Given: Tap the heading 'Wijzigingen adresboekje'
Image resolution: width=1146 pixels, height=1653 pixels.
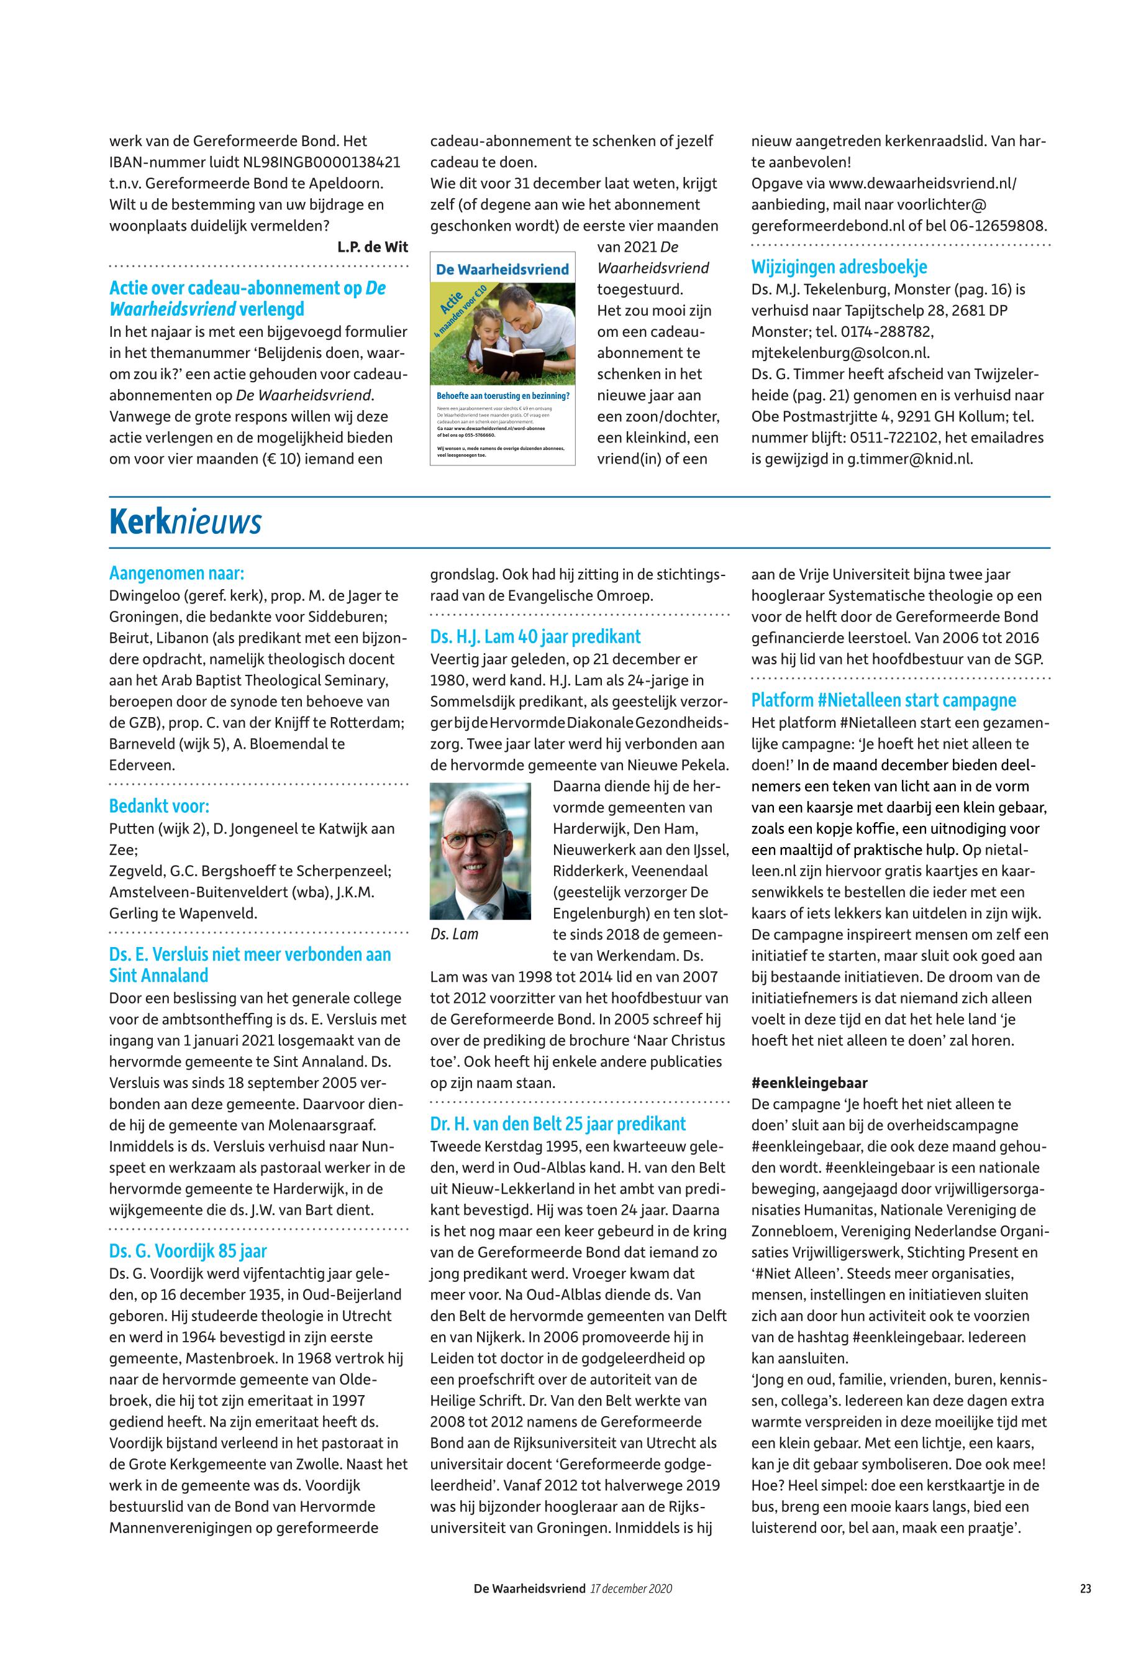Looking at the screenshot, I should tap(839, 267).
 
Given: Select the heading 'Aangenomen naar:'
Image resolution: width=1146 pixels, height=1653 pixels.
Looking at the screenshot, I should tap(176, 574).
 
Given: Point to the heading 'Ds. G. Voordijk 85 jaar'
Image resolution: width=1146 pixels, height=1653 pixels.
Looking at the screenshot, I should tap(188, 1252).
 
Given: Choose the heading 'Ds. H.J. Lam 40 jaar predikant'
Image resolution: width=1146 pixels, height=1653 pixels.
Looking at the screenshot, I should tap(535, 637).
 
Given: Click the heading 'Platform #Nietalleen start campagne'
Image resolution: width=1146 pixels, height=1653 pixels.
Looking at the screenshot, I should tap(884, 700).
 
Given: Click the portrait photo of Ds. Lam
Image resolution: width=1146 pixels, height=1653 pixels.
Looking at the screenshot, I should tap(480, 851).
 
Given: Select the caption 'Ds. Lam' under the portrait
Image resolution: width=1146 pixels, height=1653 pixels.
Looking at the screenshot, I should tap(455, 935).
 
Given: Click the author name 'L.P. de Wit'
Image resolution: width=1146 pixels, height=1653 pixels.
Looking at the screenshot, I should tap(372, 247).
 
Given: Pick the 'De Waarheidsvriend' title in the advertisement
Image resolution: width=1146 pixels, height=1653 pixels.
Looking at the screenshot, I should tap(503, 270).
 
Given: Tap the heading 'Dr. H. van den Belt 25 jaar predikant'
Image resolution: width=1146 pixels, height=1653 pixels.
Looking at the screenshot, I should tap(558, 1124).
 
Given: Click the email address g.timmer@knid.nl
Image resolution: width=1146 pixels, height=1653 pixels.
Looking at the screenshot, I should tap(911, 459).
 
